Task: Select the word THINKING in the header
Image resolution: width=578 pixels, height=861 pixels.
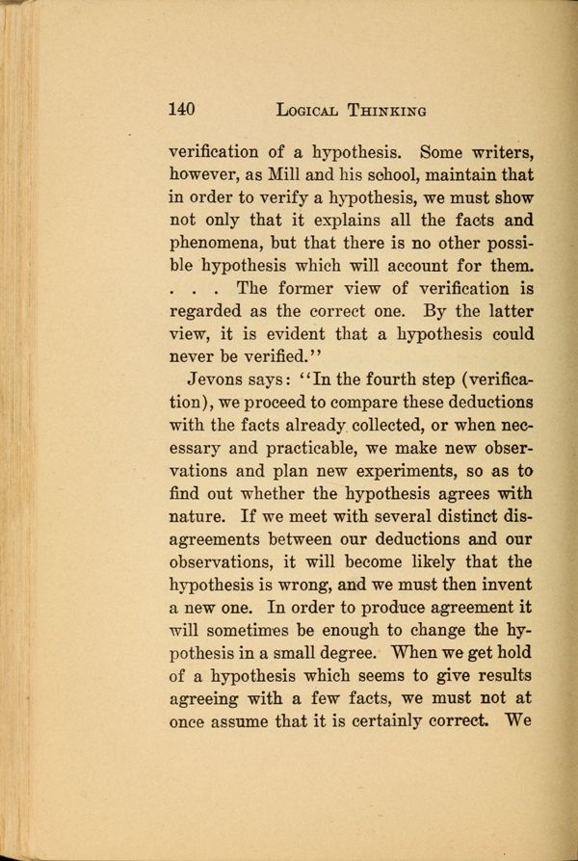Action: coord(391,110)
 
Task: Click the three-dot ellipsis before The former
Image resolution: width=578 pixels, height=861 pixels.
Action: coord(197,289)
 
